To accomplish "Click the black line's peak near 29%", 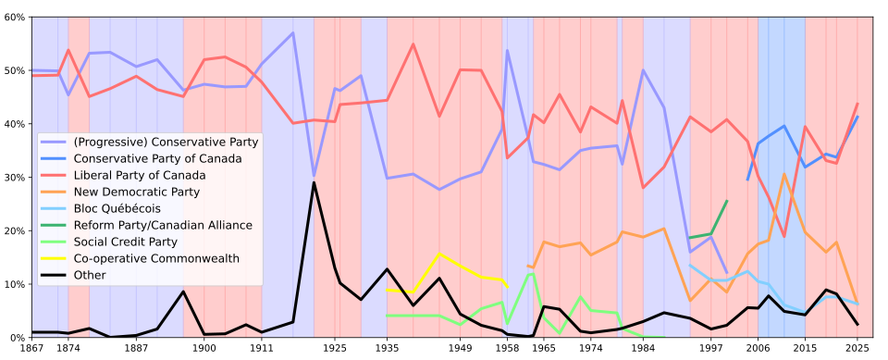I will point(314,182).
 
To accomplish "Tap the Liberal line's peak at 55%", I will point(413,44).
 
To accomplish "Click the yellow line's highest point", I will point(439,254).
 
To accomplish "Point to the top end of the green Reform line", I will point(726,201).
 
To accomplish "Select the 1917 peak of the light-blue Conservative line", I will point(293,33).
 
